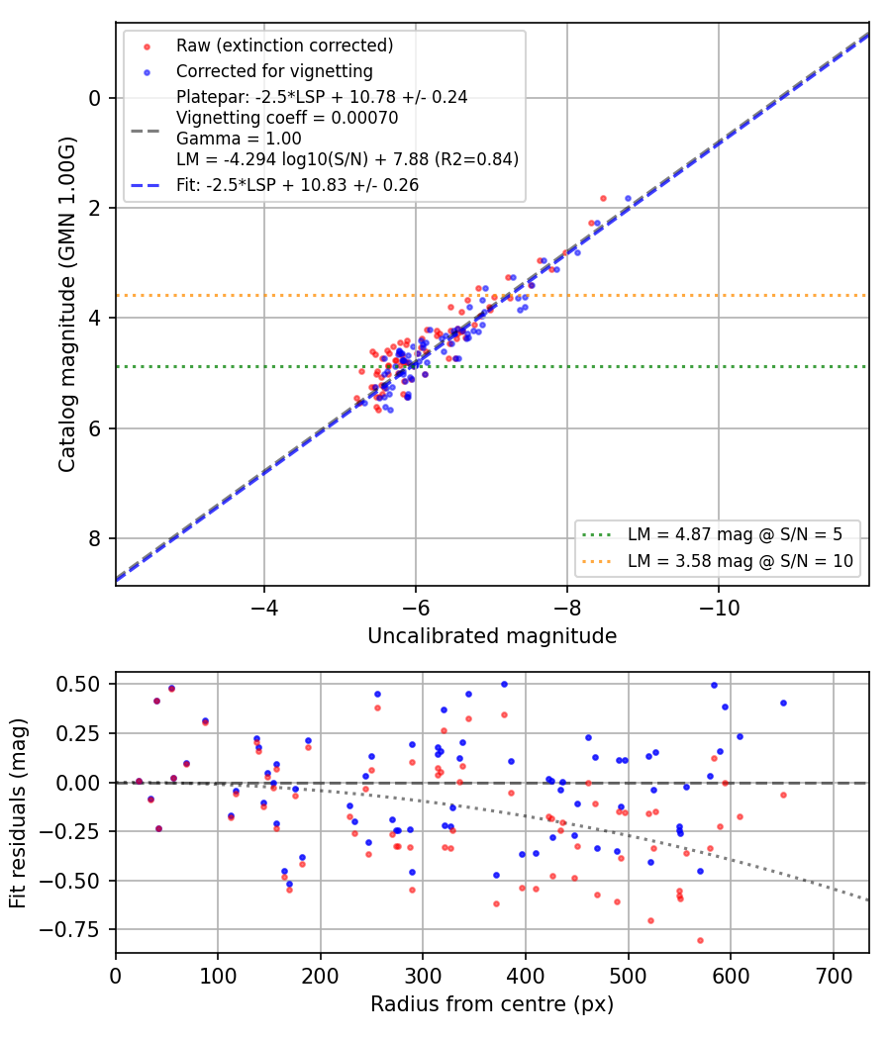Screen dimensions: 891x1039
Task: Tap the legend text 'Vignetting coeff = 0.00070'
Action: [287, 118]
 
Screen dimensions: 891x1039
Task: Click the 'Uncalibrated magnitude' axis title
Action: [492, 636]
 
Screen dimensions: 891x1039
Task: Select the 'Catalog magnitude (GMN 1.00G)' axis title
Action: [67, 305]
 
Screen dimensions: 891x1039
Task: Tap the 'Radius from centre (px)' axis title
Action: [492, 1004]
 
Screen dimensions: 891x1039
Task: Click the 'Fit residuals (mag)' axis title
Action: [18, 813]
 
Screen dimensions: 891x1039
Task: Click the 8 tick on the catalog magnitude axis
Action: [95, 538]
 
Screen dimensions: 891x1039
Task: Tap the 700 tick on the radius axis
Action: [833, 976]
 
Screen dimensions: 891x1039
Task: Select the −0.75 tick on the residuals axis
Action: [69, 930]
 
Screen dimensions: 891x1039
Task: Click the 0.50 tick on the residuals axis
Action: [77, 684]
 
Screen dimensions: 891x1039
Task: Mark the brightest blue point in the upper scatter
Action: [628, 199]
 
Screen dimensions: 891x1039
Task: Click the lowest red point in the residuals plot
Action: [700, 940]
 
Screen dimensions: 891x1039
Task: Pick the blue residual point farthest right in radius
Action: [784, 703]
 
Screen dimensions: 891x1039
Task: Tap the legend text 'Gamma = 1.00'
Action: [239, 139]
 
